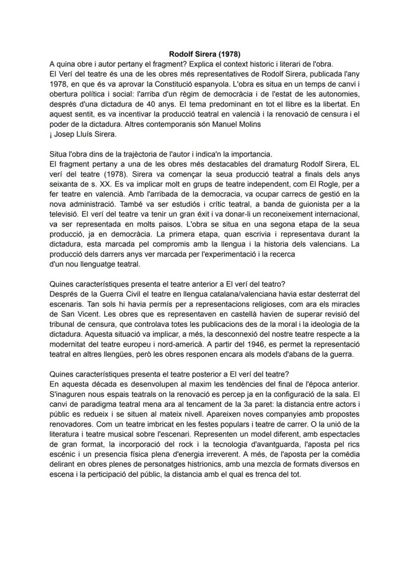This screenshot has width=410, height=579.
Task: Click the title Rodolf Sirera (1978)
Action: pos(205,54)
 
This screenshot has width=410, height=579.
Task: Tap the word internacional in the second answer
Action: pos(337,214)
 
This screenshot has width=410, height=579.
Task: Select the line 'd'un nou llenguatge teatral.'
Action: pos(96,264)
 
